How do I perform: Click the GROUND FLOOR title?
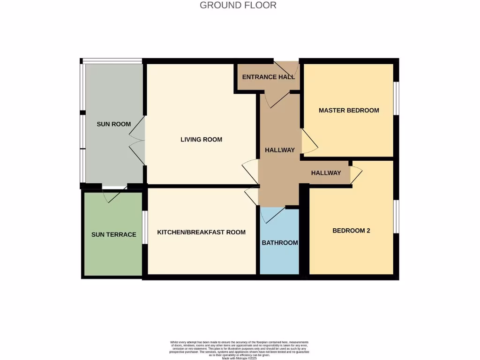tap(238, 6)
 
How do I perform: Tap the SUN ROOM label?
tap(113, 124)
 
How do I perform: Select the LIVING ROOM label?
tap(201, 140)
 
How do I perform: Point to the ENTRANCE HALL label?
tap(268, 77)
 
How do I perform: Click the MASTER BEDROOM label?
tap(349, 111)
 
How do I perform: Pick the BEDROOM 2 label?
tap(351, 231)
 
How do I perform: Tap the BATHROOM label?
tap(279, 243)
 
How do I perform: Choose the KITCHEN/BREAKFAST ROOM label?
tap(201, 232)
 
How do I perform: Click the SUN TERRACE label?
tap(113, 235)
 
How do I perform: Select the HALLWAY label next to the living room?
tap(279, 150)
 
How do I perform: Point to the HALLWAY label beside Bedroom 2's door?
tap(326, 173)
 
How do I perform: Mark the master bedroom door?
tap(308, 142)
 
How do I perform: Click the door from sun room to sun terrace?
tap(114, 193)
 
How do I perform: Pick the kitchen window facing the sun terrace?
tap(145, 227)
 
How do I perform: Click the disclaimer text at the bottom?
tap(240, 350)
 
